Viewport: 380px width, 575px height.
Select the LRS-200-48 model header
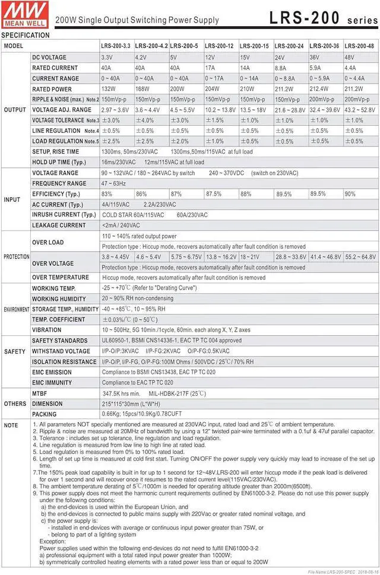click(x=359, y=46)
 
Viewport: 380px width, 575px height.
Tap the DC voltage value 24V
click(x=280, y=58)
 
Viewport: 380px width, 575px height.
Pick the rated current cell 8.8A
click(x=281, y=68)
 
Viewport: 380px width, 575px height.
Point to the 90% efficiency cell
click(x=350, y=194)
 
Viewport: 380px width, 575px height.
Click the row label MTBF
click(x=40, y=393)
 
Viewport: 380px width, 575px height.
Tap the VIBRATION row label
click(x=46, y=330)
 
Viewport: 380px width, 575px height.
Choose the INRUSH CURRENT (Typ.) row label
click(x=64, y=215)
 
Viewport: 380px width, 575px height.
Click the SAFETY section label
click(x=15, y=351)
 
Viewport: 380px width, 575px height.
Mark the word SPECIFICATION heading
click(x=26, y=35)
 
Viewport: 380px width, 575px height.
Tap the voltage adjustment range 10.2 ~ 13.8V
click(x=220, y=110)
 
